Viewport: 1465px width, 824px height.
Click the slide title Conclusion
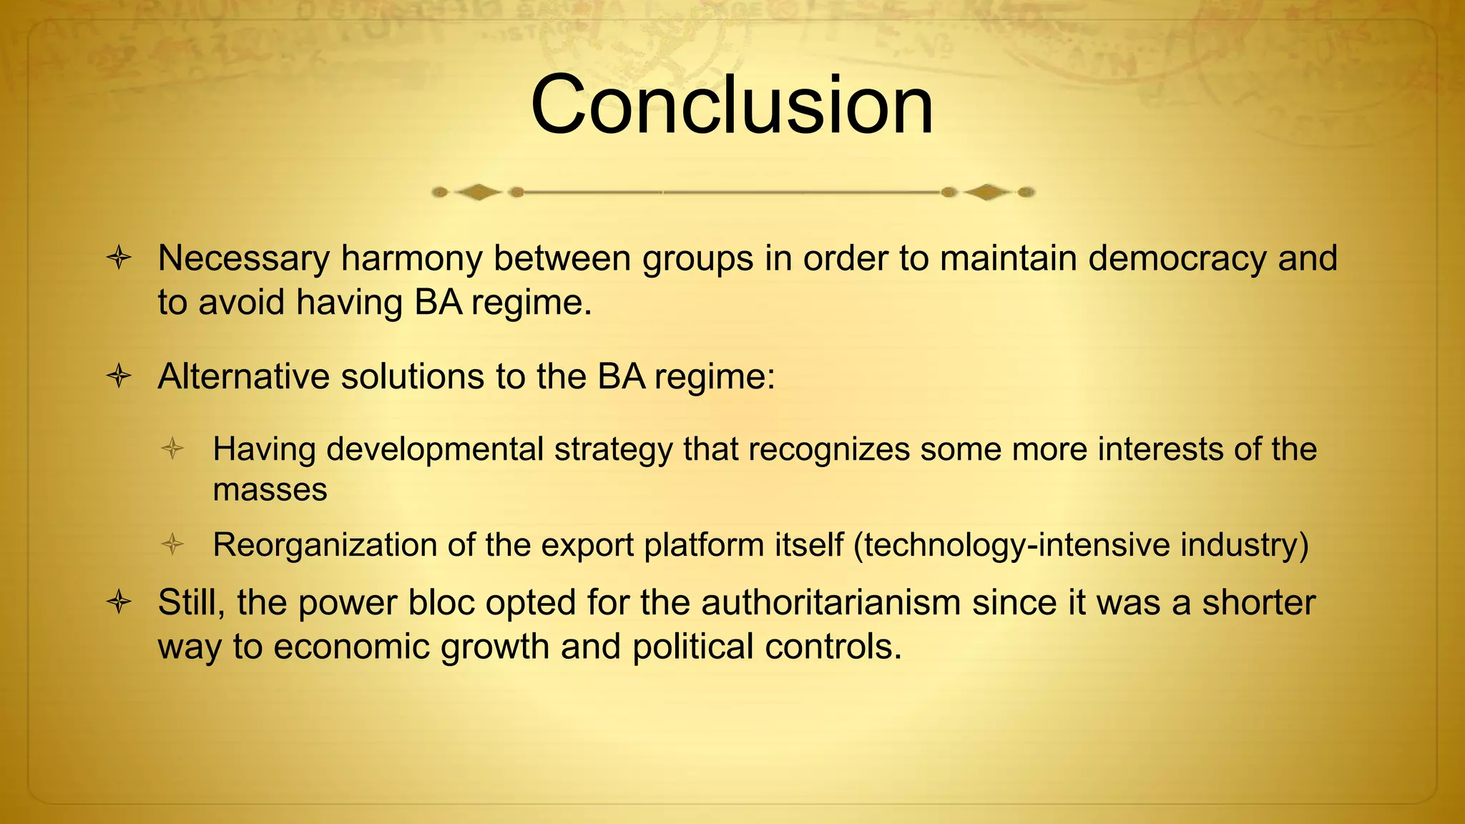(x=732, y=105)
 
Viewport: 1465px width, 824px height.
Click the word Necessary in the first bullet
(x=243, y=258)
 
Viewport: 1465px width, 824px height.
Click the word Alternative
(x=243, y=376)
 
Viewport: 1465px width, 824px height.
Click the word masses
(x=270, y=490)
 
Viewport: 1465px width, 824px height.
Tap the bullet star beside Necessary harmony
(x=119, y=258)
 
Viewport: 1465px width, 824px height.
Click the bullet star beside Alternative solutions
(x=119, y=376)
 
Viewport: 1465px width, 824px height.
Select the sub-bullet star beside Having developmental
(x=172, y=449)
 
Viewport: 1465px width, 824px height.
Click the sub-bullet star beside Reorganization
(x=172, y=545)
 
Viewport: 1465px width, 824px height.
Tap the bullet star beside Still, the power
(x=119, y=602)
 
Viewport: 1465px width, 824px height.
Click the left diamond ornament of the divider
(x=478, y=192)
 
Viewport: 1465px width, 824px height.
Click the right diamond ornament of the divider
(x=986, y=192)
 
